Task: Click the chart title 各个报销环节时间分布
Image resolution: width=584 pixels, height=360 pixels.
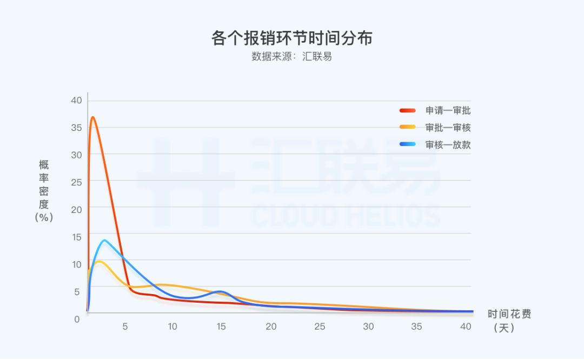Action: [x=291, y=38]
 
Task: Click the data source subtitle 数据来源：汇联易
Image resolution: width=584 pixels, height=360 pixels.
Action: [x=291, y=56]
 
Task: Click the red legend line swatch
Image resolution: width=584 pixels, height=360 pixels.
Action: [x=408, y=111]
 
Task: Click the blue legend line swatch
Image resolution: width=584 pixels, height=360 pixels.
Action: [x=408, y=144]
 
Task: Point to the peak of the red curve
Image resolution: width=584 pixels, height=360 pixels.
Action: [x=93, y=117]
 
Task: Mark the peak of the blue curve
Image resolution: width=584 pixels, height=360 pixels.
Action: [x=104, y=240]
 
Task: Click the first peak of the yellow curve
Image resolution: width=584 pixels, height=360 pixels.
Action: [x=98, y=261]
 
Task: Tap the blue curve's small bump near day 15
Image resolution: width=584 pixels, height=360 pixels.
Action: [x=220, y=291]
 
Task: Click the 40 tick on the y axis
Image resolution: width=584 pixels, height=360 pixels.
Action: [x=76, y=100]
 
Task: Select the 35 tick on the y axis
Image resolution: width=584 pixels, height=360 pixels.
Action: [x=76, y=128]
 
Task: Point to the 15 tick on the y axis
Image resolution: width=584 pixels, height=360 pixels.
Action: [x=76, y=237]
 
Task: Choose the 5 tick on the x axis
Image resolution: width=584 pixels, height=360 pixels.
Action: [x=125, y=326]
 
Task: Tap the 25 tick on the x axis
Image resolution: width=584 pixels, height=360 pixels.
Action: [x=320, y=326]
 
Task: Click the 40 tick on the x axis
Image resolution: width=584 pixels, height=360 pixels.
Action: [x=466, y=326]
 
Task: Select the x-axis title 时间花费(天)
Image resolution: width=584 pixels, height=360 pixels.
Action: [x=509, y=321]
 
